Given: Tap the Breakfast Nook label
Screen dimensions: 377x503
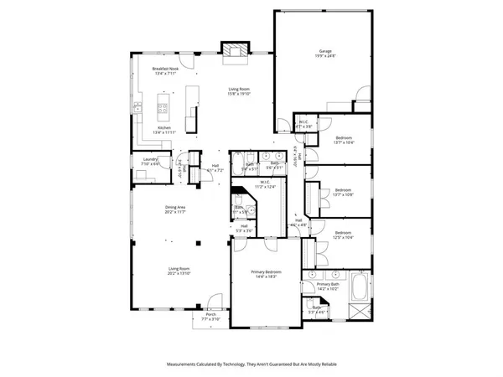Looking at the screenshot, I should [164, 70].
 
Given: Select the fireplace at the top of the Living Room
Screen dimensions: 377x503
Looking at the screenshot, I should [234, 52].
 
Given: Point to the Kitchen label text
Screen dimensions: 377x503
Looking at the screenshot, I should [164, 128].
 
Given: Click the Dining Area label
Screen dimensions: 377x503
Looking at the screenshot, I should [175, 207].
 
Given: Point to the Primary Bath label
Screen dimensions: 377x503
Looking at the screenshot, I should [327, 285].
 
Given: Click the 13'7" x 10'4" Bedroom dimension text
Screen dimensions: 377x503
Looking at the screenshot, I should [344, 142].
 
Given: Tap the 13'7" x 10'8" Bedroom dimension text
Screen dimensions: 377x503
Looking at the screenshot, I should [344, 194].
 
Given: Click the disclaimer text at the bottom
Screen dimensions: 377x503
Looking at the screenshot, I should [251, 364].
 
